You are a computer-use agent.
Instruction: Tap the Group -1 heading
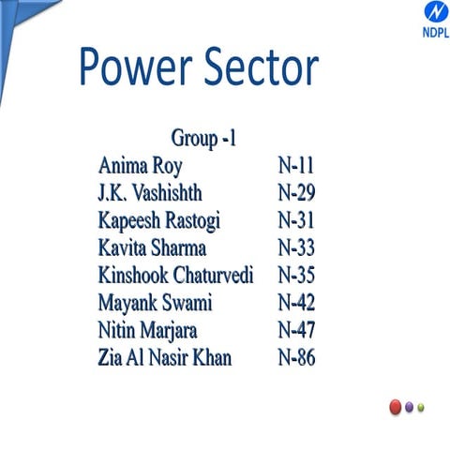tap(203, 140)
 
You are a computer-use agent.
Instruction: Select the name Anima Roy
tap(141, 167)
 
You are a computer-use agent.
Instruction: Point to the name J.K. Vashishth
tap(150, 194)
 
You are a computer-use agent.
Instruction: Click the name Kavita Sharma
tap(152, 248)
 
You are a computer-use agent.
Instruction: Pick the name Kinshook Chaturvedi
tap(183, 276)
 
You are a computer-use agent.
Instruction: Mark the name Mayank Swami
tap(156, 303)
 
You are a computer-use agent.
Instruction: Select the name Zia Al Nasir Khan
tap(165, 357)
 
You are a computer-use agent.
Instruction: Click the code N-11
tap(296, 167)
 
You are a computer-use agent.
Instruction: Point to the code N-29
tap(297, 194)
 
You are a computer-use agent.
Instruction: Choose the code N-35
tap(297, 276)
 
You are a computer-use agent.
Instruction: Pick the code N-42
tap(297, 303)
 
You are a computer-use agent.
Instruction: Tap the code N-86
tap(297, 357)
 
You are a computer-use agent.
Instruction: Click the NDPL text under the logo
tap(410, 31)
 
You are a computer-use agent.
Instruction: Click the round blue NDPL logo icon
tap(410, 12)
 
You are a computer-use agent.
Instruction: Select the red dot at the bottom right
tap(395, 407)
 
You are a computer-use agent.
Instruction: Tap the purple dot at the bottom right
tap(410, 407)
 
